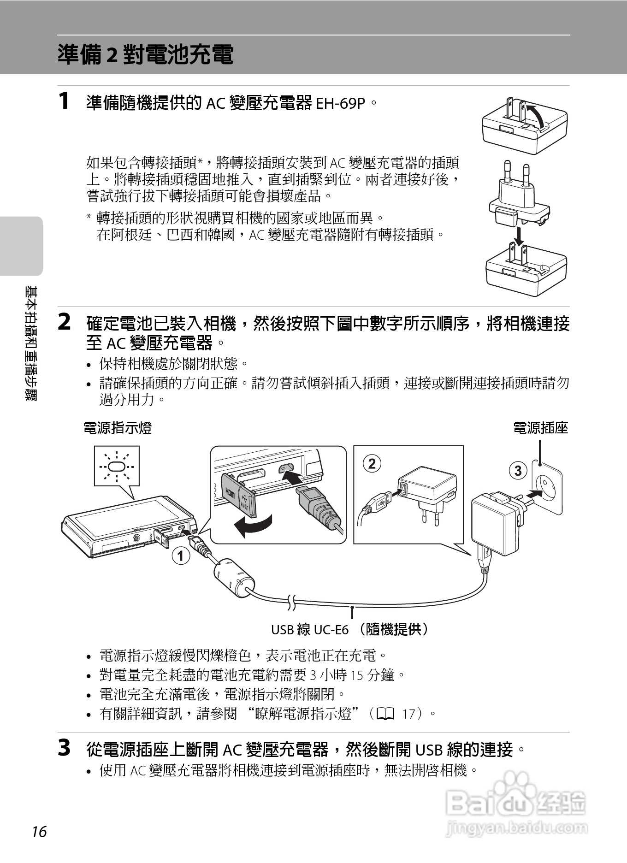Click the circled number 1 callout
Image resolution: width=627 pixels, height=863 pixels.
(x=181, y=556)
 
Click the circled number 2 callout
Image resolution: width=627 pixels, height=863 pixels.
(x=372, y=463)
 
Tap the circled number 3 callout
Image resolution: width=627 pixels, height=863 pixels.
(x=518, y=470)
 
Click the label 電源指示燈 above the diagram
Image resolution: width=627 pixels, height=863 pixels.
(x=118, y=428)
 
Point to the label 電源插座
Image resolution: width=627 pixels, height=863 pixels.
(x=540, y=428)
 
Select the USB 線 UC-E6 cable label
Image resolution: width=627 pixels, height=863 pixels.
(x=350, y=629)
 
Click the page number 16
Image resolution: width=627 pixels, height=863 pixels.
(x=39, y=832)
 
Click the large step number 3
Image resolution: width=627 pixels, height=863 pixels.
(x=65, y=748)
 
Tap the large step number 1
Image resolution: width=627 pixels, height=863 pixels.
(x=65, y=101)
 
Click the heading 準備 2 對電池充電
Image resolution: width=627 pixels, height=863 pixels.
(x=146, y=55)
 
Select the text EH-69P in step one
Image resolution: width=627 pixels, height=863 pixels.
(x=341, y=103)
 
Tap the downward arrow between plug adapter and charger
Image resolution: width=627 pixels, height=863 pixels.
(x=520, y=236)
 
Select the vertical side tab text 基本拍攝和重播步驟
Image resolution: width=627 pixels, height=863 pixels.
(x=31, y=343)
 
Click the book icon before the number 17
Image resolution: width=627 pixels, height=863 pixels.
(x=385, y=714)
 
